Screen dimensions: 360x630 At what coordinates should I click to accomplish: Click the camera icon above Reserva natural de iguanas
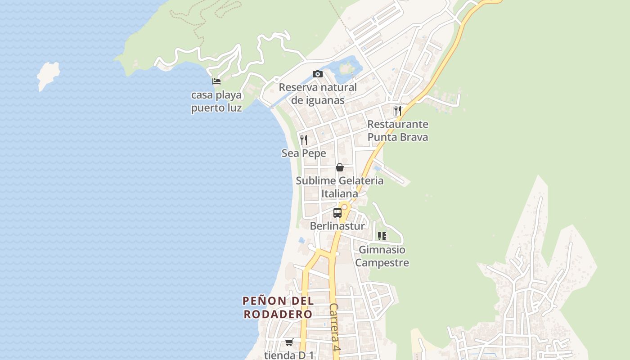(318, 74)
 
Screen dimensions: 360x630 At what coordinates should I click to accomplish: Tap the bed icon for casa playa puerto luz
(216, 81)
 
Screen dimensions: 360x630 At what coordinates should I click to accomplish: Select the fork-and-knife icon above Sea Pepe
(304, 140)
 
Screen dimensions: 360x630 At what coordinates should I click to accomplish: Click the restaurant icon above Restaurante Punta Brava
(397, 111)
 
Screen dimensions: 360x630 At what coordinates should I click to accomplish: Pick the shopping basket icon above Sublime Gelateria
(340, 167)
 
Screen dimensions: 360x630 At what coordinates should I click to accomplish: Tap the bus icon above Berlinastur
(337, 213)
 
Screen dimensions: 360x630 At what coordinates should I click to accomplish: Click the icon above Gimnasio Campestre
(382, 236)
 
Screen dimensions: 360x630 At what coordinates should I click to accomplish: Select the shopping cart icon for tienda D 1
(289, 342)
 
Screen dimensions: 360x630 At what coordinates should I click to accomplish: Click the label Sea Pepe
(304, 153)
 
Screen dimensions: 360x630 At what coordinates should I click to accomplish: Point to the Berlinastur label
(337, 226)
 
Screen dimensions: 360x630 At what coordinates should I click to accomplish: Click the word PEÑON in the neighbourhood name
(264, 301)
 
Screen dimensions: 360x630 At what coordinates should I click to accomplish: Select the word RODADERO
(278, 314)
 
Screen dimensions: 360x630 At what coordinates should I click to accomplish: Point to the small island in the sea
(48, 75)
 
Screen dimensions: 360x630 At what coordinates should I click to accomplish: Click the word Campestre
(382, 263)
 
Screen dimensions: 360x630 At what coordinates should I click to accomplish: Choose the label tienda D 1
(289, 355)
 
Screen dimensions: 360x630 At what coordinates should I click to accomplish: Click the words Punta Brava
(398, 137)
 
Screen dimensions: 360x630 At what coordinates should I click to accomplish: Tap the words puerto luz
(216, 108)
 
